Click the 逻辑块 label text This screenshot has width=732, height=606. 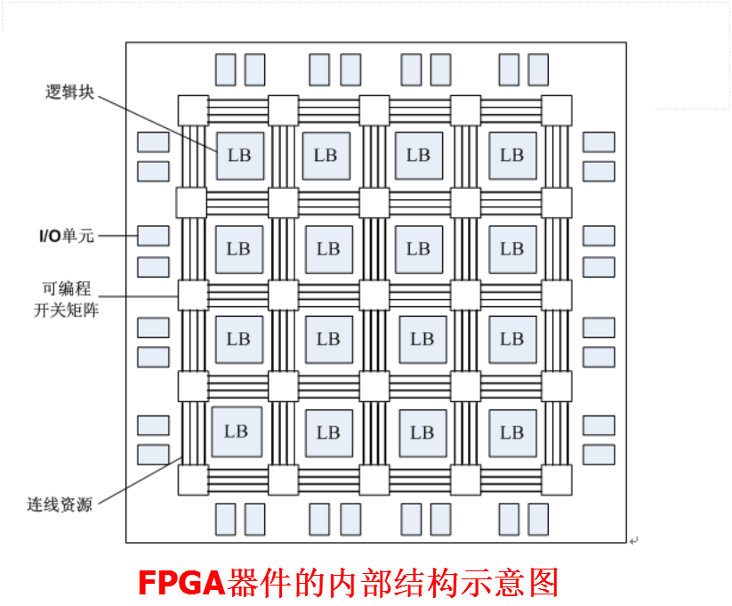68,92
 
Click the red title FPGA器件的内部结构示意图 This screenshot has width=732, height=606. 349,583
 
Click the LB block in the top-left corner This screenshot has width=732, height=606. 239,155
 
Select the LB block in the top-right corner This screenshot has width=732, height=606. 512,155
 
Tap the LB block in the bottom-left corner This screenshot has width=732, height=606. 237,432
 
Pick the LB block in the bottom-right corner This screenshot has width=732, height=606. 512,432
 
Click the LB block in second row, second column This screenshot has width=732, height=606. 328,249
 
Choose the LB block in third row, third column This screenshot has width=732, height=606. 422,339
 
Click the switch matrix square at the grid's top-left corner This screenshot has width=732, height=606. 193,110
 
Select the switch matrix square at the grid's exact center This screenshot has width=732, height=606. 374,295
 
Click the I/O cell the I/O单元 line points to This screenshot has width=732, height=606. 153,236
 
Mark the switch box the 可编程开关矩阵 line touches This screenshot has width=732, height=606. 193,295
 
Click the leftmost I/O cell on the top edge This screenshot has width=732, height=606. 226,69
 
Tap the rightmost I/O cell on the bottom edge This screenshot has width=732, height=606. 538,519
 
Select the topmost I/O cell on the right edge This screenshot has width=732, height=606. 599,141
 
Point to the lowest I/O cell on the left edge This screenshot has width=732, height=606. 153,454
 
